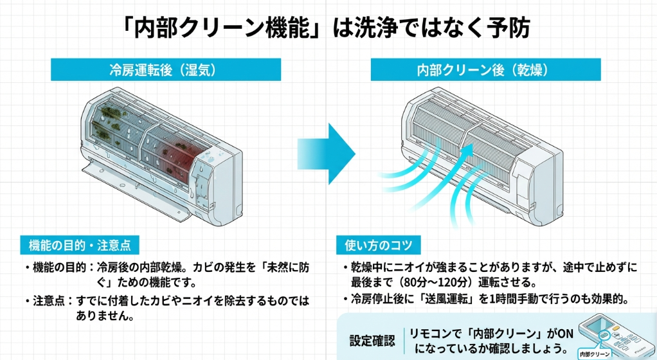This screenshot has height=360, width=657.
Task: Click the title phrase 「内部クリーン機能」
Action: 221,28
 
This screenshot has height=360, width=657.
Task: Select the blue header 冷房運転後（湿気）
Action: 165,69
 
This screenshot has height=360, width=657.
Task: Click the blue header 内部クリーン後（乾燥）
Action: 486,69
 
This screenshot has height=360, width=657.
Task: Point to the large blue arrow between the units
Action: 328,153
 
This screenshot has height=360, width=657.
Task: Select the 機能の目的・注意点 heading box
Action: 80,245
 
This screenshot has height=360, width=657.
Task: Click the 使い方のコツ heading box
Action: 379,245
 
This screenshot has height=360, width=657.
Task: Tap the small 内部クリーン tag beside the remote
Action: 593,354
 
